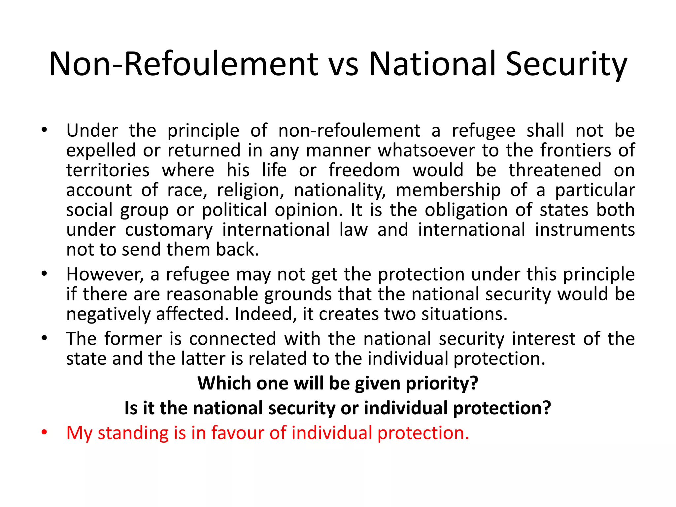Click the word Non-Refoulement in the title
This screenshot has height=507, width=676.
[183, 64]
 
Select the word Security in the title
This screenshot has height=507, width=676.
[566, 64]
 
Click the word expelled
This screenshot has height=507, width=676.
[101, 151]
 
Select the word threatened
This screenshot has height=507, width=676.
[555, 170]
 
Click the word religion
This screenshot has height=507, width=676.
[251, 190]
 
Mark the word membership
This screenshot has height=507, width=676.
[448, 190]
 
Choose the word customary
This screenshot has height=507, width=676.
[169, 230]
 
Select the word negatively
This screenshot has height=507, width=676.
[108, 314]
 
